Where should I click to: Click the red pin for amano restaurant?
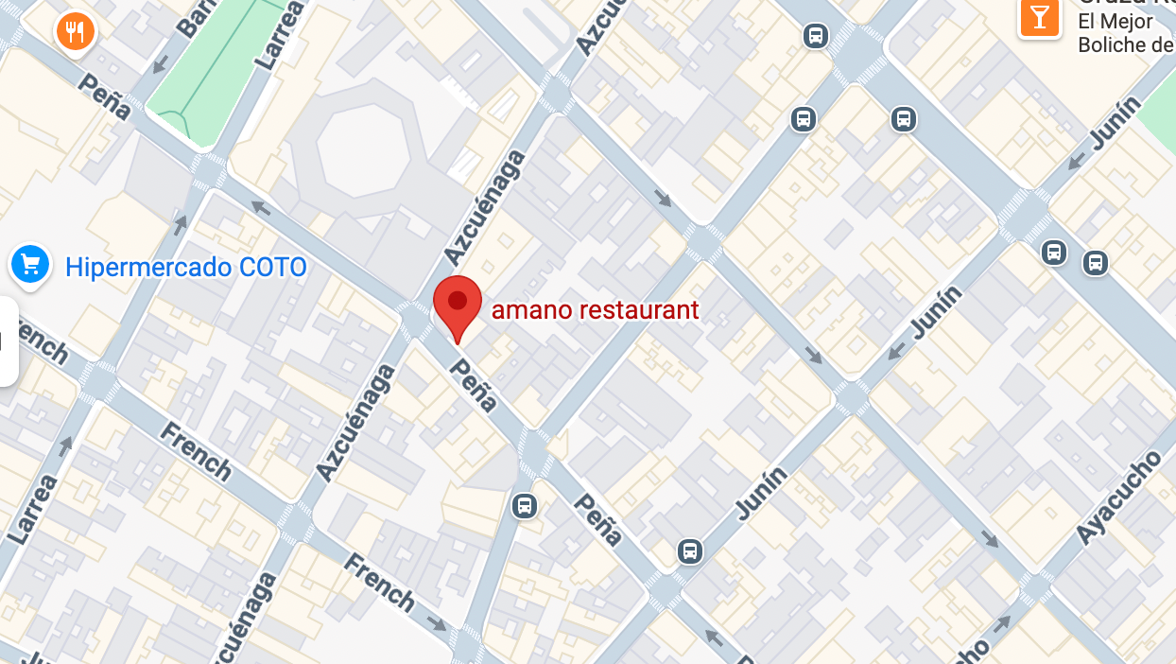pos(458,304)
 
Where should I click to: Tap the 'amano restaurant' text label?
pos(596,309)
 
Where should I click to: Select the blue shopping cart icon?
pos(30,264)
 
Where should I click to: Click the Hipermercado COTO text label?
pos(186,268)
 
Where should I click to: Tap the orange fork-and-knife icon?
pos(75,31)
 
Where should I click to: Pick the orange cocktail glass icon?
pos(1040,18)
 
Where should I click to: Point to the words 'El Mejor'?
pos(1115,21)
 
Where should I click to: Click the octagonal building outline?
pos(363,151)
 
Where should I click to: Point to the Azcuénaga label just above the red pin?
pos(484,207)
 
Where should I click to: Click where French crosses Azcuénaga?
pos(296,523)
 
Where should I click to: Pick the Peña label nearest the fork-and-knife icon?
pos(104,94)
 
